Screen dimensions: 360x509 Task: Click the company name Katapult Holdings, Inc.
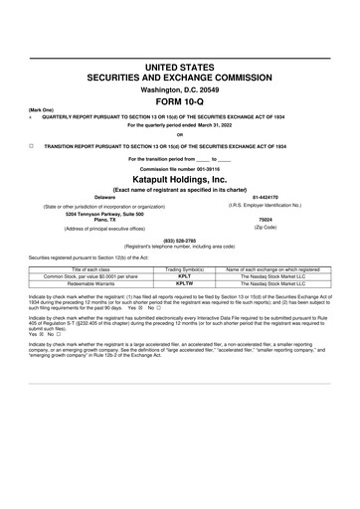[179, 177]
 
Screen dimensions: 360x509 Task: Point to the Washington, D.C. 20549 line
[179, 88]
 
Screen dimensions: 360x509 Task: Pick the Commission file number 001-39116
[179, 167]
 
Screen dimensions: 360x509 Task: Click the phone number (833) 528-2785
[179, 239]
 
